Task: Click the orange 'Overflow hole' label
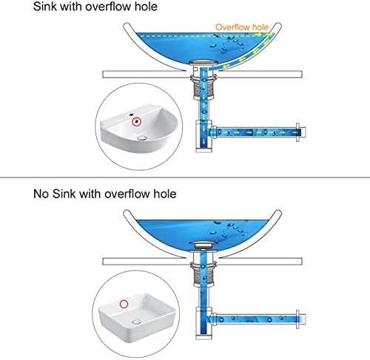click(242, 27)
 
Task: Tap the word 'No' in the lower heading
click(41, 194)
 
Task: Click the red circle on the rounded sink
click(136, 122)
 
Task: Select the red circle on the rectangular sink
click(124, 304)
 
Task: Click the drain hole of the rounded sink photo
click(142, 138)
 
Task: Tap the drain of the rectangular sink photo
click(136, 322)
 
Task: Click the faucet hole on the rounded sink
click(131, 115)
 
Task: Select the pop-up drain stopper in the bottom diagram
click(203, 245)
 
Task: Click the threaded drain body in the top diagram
click(203, 86)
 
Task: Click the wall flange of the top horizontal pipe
click(297, 132)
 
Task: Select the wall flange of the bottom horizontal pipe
click(297, 319)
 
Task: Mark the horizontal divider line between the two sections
click(185, 177)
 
